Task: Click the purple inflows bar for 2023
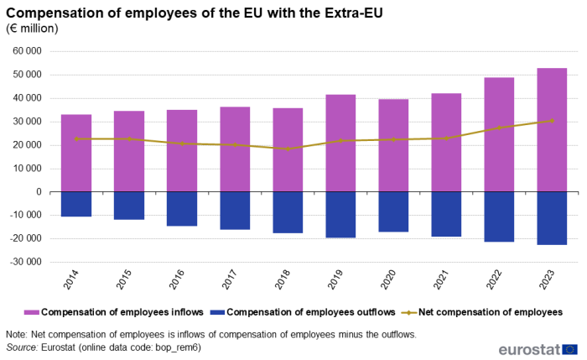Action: click(552, 130)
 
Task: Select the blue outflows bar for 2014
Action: click(76, 204)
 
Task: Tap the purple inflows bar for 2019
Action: click(340, 143)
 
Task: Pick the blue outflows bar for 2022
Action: click(499, 217)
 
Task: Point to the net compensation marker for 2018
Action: click(288, 149)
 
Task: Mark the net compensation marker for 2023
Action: click(552, 121)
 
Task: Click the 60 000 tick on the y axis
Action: click(29, 51)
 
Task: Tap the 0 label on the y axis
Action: click(39, 192)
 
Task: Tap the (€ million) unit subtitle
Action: click(32, 29)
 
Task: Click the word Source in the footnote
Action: click(23, 347)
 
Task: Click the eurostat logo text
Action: click(528, 349)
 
